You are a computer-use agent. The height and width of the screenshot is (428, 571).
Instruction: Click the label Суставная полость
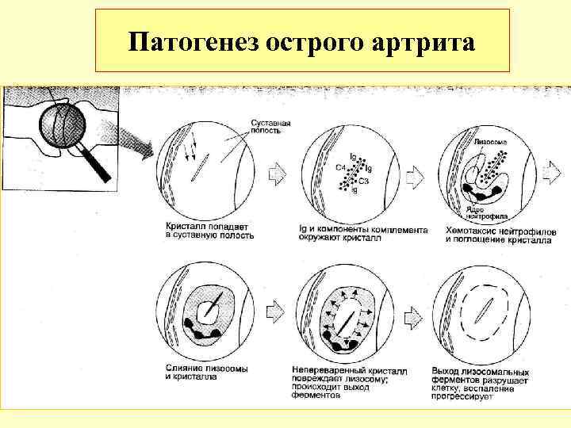pyautogui.click(x=271, y=128)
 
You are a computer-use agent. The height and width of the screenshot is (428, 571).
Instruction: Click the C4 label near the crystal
pyautogui.click(x=339, y=167)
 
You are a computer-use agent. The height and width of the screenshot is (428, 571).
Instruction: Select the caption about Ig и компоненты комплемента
pyautogui.click(x=363, y=231)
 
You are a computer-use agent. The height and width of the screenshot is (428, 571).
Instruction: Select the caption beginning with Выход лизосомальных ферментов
pyautogui.click(x=485, y=384)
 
